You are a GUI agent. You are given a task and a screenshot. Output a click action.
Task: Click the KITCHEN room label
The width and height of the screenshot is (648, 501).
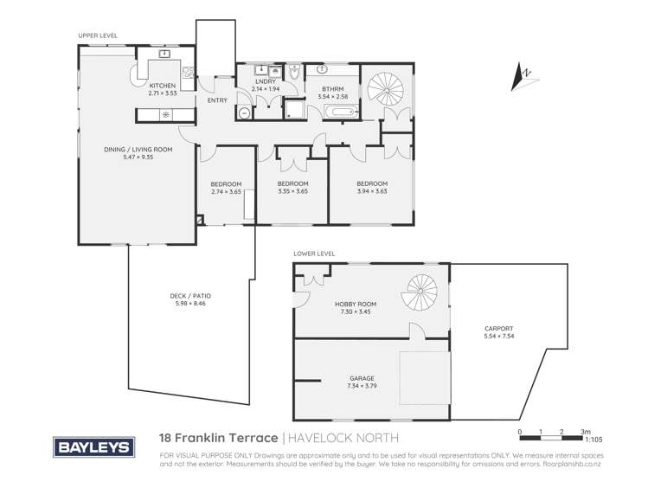click(162, 86)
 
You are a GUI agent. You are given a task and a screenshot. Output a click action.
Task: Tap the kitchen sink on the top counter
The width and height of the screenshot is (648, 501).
click(163, 54)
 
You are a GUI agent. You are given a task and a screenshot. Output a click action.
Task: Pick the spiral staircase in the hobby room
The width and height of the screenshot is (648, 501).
click(425, 292)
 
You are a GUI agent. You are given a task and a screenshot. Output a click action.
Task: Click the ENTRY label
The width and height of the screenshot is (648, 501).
click(217, 100)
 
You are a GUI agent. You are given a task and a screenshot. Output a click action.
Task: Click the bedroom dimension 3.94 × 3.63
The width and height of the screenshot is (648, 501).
click(371, 191)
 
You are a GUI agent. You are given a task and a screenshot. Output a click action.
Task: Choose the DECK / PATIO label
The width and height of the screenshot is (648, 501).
click(190, 296)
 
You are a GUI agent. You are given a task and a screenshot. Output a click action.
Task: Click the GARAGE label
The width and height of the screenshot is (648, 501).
click(362, 378)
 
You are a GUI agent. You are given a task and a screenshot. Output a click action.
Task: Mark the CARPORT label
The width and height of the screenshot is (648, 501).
click(498, 329)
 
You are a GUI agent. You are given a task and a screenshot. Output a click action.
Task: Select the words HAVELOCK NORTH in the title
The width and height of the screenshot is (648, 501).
click(340, 440)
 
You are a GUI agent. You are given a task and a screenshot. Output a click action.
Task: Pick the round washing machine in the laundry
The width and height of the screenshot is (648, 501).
click(244, 112)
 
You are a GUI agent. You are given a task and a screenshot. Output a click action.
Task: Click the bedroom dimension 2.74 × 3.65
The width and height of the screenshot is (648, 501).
click(226, 191)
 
